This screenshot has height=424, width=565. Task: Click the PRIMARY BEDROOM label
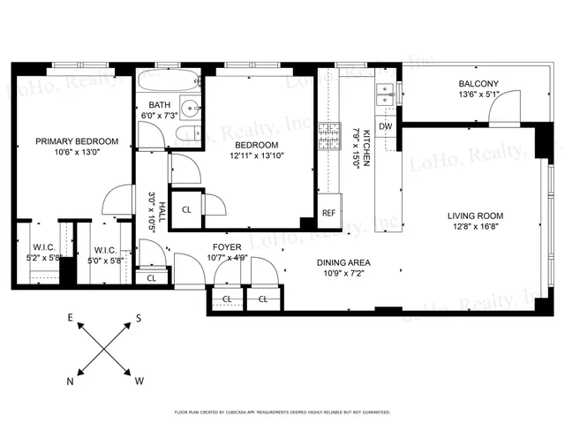(77, 141)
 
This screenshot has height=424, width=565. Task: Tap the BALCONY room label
(478, 85)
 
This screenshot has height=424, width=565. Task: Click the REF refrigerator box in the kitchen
(328, 213)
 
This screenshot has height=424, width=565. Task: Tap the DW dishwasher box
(385, 126)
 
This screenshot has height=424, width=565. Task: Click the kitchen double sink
(384, 94)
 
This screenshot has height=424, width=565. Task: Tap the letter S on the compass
(139, 319)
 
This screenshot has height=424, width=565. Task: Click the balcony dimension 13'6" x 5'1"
(478, 96)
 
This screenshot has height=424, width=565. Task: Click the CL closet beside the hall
(186, 209)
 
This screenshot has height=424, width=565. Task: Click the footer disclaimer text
(282, 412)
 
